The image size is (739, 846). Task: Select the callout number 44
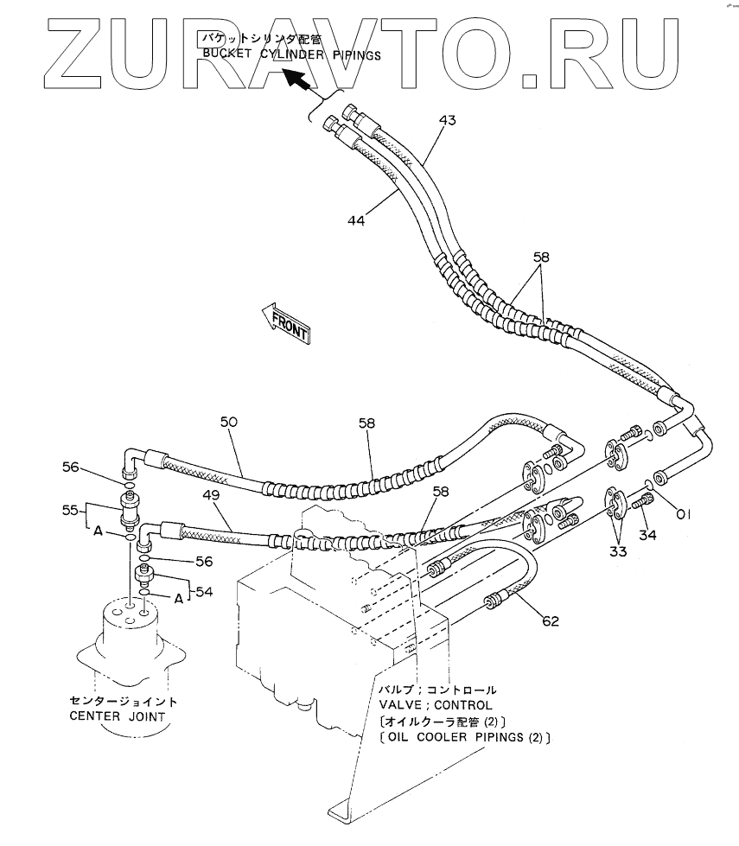(x=356, y=220)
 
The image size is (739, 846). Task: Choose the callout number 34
(x=647, y=535)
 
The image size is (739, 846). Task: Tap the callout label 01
(x=683, y=516)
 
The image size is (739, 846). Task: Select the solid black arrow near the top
(x=296, y=80)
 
